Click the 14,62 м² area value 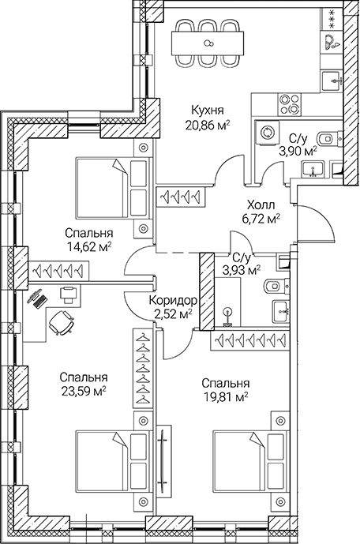pyautogui.click(x=88, y=246)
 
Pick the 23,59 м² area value pyautogui.click(x=83, y=390)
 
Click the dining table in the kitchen pyautogui.click(x=208, y=44)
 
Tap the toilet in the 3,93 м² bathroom pyautogui.click(x=273, y=286)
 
